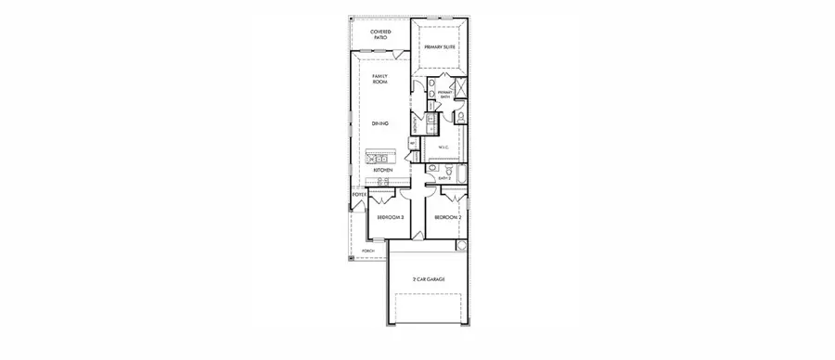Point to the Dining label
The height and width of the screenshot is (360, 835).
coord(379,122)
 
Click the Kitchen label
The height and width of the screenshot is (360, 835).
coord(383,172)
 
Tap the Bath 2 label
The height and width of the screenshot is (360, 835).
coord(443,180)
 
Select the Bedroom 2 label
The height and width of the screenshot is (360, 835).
coord(448,217)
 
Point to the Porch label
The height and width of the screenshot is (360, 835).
coord(368,251)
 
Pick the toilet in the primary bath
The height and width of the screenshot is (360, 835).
coord(462,117)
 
